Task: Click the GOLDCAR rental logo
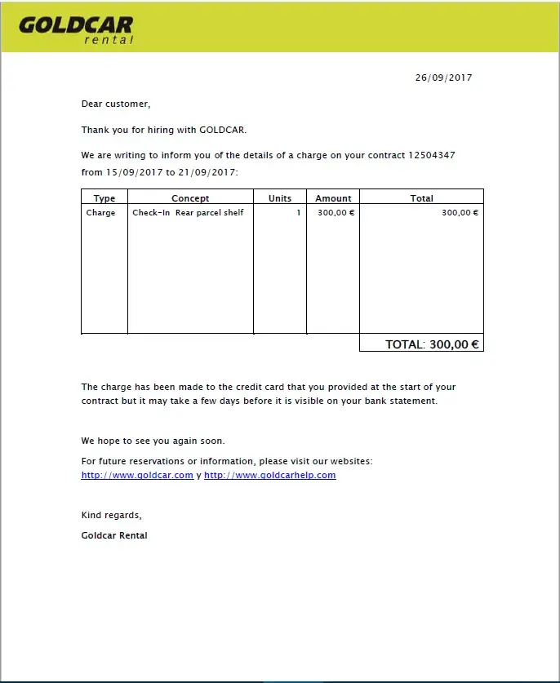point(76,29)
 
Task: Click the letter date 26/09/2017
point(443,78)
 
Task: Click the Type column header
point(104,198)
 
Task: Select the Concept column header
point(190,198)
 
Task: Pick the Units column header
point(280,198)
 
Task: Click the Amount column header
point(333,198)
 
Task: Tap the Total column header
point(421,198)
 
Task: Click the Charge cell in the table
point(101,213)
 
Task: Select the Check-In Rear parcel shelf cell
point(188,213)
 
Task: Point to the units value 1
point(299,213)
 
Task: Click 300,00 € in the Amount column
point(336,213)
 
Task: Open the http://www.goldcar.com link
point(137,475)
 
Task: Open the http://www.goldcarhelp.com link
point(269,475)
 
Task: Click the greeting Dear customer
point(116,104)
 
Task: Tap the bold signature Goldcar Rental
point(114,535)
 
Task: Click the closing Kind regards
point(112,515)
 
